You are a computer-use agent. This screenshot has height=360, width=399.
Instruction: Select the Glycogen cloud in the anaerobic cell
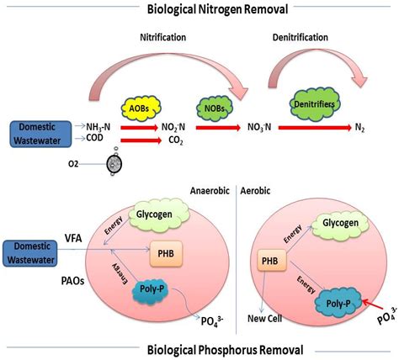point(164,215)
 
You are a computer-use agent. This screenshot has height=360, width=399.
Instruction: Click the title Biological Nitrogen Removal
point(199,9)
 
